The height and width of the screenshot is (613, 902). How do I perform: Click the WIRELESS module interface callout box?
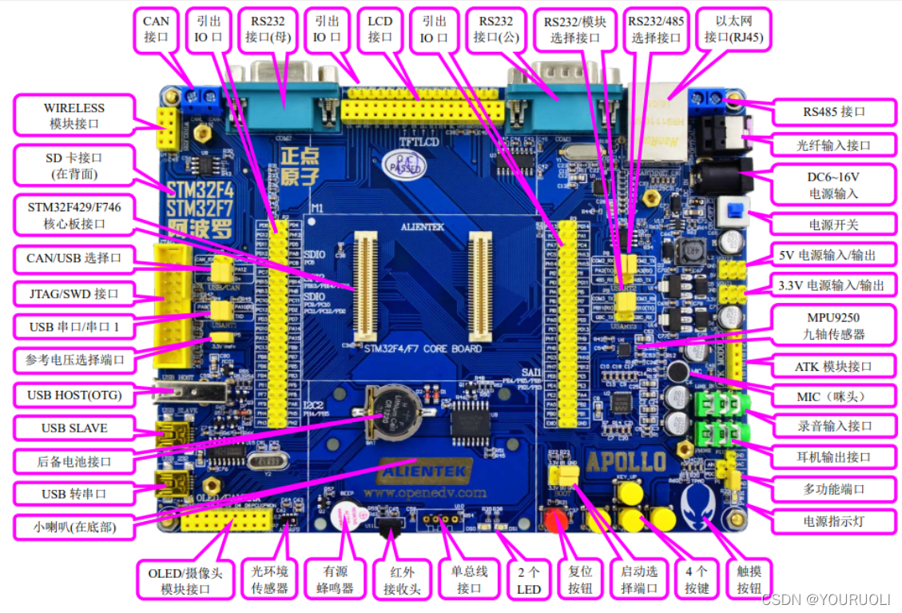(x=74, y=116)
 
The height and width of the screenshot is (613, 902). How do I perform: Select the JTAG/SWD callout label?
(x=73, y=293)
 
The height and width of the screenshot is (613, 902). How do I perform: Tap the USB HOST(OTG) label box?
(x=73, y=394)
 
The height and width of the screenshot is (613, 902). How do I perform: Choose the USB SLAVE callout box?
(x=74, y=428)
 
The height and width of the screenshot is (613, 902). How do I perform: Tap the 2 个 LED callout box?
(x=528, y=581)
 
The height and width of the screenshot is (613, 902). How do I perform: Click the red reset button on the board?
(x=556, y=520)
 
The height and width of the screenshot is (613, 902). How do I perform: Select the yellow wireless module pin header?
(x=167, y=129)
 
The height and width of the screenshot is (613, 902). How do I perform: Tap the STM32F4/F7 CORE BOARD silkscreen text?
(x=423, y=349)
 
